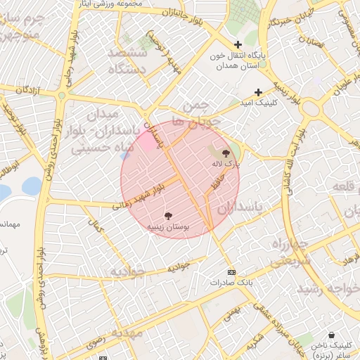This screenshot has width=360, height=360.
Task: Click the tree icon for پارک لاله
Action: (226, 153)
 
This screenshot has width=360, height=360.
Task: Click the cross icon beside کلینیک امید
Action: (258, 92)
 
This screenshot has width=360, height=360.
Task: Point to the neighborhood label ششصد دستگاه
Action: (127, 61)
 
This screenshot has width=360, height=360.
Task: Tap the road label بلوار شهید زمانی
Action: (141, 197)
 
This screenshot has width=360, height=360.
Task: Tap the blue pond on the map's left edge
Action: (31, 186)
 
